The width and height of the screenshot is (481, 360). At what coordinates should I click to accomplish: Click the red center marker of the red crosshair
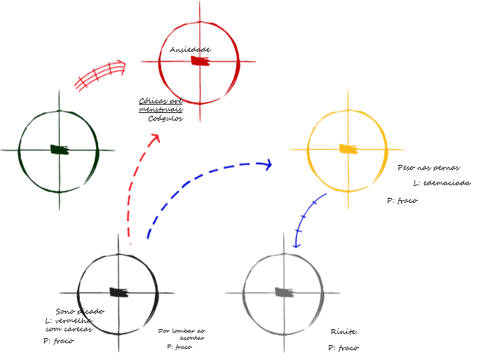pyautogui.click(x=200, y=61)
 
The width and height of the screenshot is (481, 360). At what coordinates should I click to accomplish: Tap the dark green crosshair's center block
pyautogui.click(x=60, y=149)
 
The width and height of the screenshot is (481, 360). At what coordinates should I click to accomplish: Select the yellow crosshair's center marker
pyautogui.click(x=348, y=149)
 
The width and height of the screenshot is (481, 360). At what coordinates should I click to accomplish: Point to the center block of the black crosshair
pyautogui.click(x=118, y=293)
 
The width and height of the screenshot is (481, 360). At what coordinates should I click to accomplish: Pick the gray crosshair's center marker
pyautogui.click(x=284, y=293)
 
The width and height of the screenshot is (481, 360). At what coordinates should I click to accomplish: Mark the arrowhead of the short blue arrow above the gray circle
pyautogui.click(x=297, y=244)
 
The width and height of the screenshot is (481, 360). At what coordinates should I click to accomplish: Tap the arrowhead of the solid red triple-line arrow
pyautogui.click(x=122, y=66)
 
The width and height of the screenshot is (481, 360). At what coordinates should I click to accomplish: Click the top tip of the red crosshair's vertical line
pyautogui.click(x=200, y=3)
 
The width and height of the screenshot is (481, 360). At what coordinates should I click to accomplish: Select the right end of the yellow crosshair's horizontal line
pyautogui.click(x=403, y=149)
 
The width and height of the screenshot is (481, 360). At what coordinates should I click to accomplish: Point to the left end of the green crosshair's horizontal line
pyautogui.click(x=2, y=150)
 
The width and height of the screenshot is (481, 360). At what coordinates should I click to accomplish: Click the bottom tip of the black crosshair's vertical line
pyautogui.click(x=118, y=350)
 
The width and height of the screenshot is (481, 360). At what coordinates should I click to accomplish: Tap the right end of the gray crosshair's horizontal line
pyautogui.click(x=339, y=293)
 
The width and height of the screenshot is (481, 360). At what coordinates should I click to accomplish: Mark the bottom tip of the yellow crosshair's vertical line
pyautogui.click(x=348, y=208)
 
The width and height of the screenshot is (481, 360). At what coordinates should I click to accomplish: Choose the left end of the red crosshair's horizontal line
pyautogui.click(x=142, y=61)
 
